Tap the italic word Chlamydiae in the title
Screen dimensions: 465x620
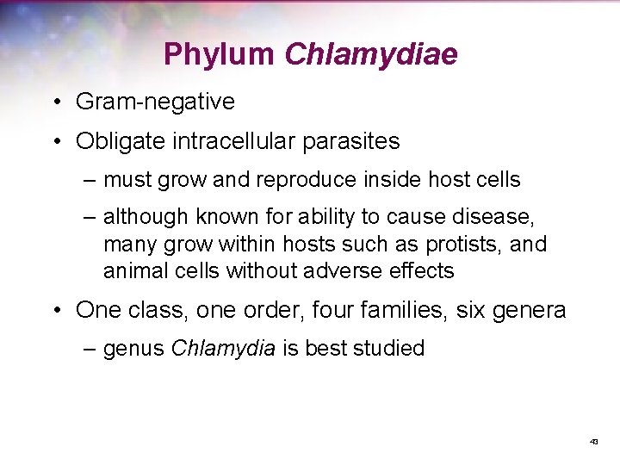point(371,55)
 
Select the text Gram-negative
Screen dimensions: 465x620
point(155,102)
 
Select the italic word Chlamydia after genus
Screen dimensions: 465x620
point(224,349)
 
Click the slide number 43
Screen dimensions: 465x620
point(593,441)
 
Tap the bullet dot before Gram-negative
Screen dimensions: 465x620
point(54,102)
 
